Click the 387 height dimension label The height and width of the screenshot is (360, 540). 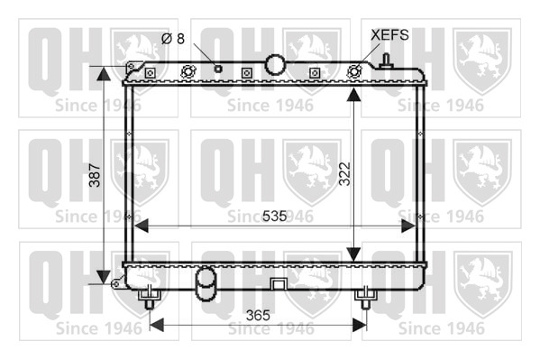(x=95, y=175)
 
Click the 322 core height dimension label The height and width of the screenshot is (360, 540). (x=344, y=174)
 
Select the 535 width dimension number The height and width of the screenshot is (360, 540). (x=274, y=217)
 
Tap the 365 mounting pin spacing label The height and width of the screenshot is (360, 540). (x=258, y=315)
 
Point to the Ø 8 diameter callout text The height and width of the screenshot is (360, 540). (x=173, y=38)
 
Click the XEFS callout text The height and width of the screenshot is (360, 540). (x=389, y=35)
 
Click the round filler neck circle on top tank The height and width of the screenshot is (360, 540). (x=275, y=64)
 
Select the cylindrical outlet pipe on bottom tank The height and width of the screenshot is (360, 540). (x=206, y=284)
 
